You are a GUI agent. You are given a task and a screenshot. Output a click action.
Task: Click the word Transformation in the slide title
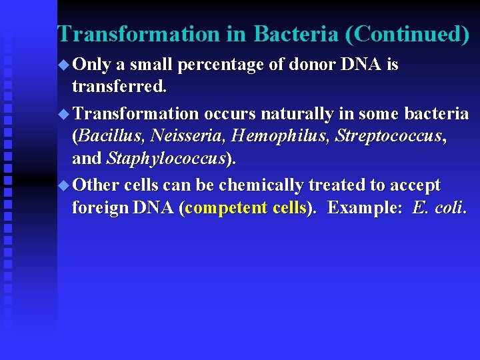click(x=138, y=34)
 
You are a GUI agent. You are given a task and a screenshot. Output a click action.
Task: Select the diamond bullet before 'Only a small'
click(x=64, y=65)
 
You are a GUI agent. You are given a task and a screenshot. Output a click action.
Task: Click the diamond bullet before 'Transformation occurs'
click(x=64, y=114)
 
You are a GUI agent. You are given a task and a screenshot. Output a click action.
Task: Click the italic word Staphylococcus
click(x=164, y=160)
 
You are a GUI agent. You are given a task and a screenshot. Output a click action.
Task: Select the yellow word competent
click(x=227, y=208)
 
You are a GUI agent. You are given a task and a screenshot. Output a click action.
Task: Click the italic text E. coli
click(x=439, y=208)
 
